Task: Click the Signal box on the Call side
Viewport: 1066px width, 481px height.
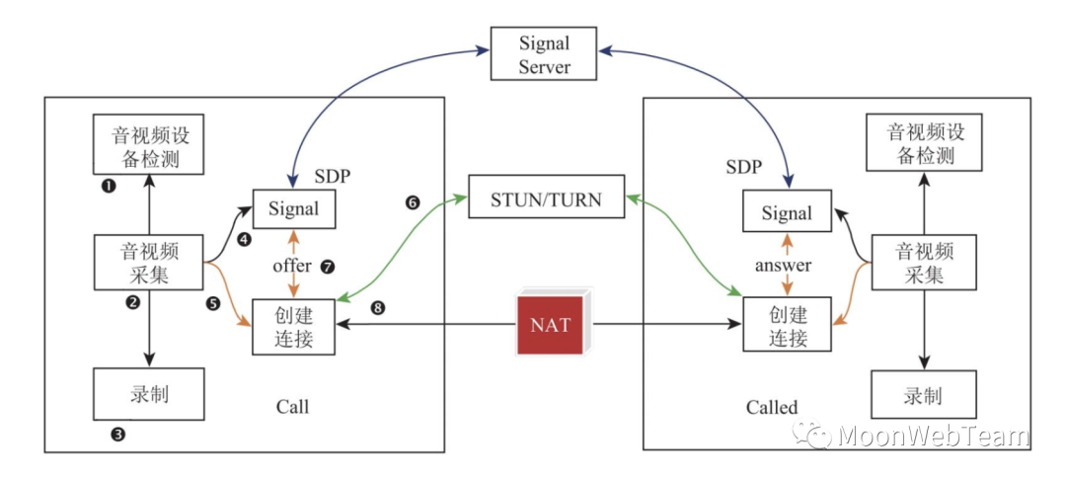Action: click(x=293, y=209)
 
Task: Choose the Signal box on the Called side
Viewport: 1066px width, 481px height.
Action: click(x=787, y=213)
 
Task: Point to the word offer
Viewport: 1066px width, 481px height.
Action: click(x=292, y=266)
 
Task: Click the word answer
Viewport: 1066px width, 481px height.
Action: click(x=783, y=265)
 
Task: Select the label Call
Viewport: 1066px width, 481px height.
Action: click(x=292, y=406)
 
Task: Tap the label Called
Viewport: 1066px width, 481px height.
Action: click(x=772, y=407)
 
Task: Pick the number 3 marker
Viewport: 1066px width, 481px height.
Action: click(x=118, y=433)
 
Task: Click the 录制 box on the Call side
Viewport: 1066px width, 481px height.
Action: click(x=149, y=394)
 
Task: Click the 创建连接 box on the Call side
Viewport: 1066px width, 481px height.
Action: click(x=294, y=325)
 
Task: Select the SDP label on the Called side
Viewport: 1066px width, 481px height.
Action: click(x=743, y=167)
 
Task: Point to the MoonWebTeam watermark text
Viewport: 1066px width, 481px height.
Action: click(x=932, y=436)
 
